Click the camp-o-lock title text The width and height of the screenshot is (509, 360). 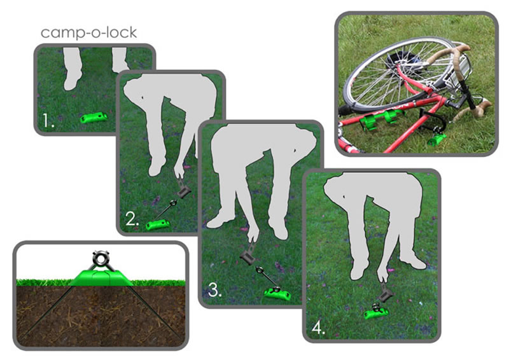point(88,33)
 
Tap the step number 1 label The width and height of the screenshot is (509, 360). point(48,120)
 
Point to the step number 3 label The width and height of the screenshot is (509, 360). point(214,289)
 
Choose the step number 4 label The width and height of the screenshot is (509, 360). point(318,328)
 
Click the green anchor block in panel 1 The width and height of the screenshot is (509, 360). point(94,118)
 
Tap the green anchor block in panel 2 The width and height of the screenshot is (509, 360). point(158,225)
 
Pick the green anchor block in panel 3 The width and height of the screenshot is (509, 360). point(278,294)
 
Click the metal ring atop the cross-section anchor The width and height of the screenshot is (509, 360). point(101,258)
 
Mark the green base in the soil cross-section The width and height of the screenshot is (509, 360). point(101,278)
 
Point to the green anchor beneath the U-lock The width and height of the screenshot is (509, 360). point(436,140)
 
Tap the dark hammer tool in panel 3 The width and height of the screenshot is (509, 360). point(247,257)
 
